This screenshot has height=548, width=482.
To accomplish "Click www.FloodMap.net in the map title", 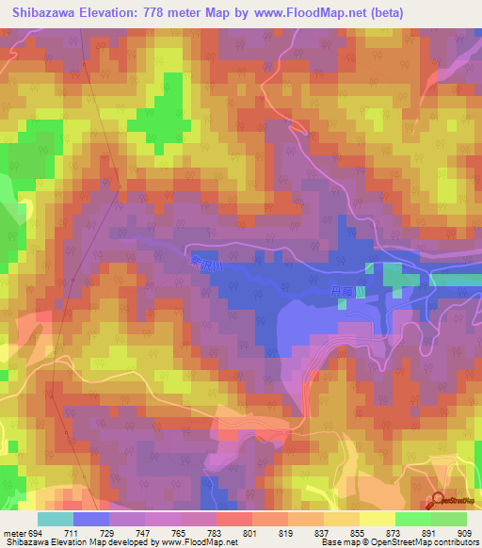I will (x=321, y=12).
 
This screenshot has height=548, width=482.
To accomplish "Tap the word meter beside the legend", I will (x=13, y=532).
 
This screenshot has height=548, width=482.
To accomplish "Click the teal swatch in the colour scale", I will (x=56, y=519).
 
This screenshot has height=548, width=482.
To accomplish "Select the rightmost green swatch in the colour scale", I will (x=449, y=519).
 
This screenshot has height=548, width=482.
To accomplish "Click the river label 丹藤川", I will (x=344, y=293).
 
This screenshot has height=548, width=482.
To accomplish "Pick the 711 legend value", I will (x=74, y=532).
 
